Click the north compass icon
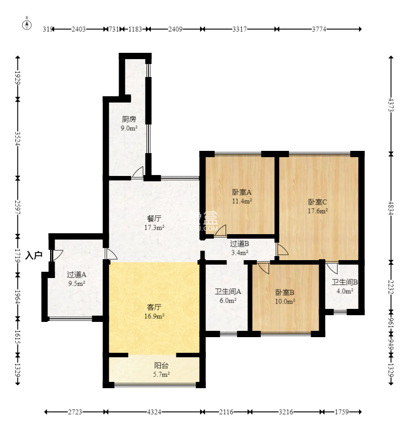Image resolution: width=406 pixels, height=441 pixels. pyautogui.click(x=27, y=25)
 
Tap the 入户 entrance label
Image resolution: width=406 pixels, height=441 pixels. pyautogui.click(x=34, y=255)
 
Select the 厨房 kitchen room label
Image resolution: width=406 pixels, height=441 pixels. pyautogui.click(x=129, y=119)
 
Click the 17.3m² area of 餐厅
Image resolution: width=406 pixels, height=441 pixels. pyautogui.click(x=154, y=227)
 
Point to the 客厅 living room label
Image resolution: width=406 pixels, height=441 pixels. pyautogui.click(x=154, y=307)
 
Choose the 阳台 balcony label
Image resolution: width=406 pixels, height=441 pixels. pyautogui.click(x=162, y=365)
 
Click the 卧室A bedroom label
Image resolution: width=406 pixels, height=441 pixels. pyautogui.click(x=242, y=192)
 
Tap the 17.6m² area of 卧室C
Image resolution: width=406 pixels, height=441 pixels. pyautogui.click(x=318, y=211)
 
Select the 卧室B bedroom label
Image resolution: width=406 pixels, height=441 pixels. pyautogui.click(x=285, y=292)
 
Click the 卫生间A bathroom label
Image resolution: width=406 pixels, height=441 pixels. pyautogui.click(x=228, y=291)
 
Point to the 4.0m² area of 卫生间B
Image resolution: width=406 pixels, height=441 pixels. pyautogui.click(x=345, y=291)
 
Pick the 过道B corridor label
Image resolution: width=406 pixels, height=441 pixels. pyautogui.click(x=239, y=244)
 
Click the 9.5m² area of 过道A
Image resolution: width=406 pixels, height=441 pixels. pyautogui.click(x=77, y=283)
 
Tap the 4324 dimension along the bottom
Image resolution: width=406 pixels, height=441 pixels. pyautogui.click(x=154, y=412)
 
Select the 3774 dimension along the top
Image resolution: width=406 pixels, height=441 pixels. pyautogui.click(x=319, y=29)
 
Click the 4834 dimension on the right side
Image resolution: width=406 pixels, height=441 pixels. pyautogui.click(x=390, y=208)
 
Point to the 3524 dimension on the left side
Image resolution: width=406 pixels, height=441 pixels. pyautogui.click(x=17, y=139)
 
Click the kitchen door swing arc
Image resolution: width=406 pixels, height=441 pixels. pyautogui.click(x=138, y=171)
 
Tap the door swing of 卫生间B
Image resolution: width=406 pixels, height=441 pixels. pyautogui.click(x=332, y=268)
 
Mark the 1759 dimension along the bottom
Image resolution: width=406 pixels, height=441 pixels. pyautogui.click(x=342, y=412)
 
